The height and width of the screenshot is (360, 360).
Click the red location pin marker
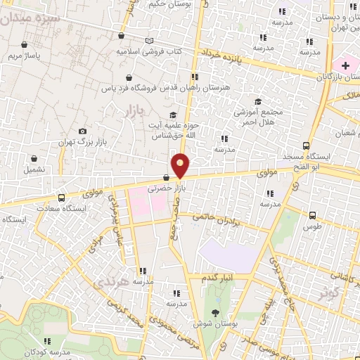181,165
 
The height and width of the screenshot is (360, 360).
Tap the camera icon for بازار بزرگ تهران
82,131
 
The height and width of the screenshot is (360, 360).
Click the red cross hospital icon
345,65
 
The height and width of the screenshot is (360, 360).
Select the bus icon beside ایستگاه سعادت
62,198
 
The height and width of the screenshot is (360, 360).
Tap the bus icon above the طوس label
312,215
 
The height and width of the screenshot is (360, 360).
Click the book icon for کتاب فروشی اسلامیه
148,41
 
